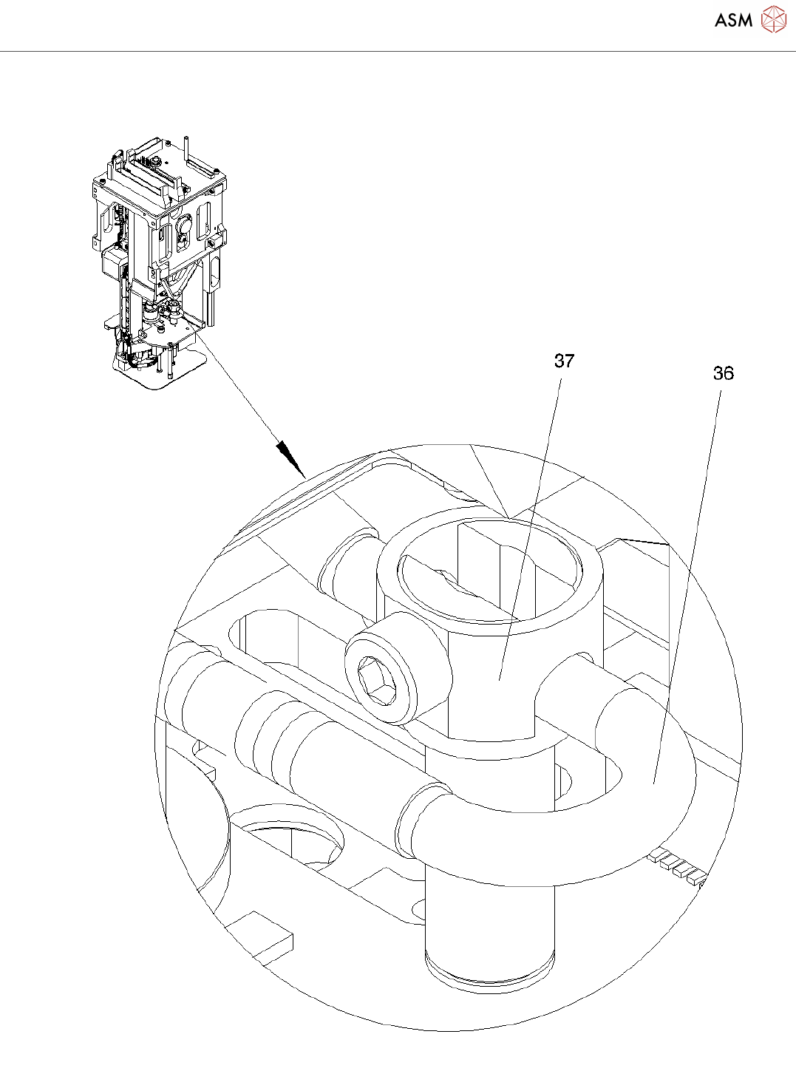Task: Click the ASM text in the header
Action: (733, 21)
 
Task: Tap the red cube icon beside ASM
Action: (774, 20)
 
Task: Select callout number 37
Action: (564, 361)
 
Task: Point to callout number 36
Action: (723, 373)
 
